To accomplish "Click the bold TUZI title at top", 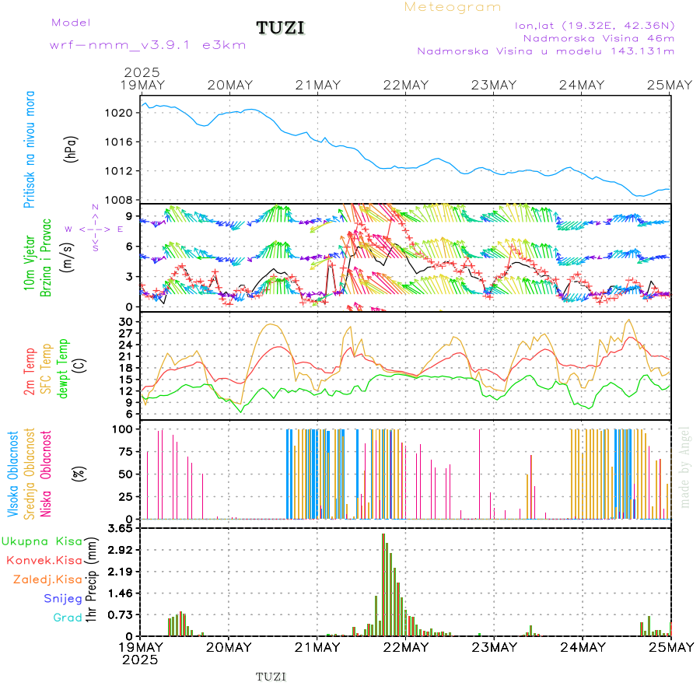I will pos(281,28).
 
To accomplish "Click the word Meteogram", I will pos(453,7).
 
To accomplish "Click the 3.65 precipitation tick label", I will pos(121,528).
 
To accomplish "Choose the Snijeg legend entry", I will pos(63,599).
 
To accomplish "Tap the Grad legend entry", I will pos(67,618).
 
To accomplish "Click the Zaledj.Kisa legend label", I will pos(47,579).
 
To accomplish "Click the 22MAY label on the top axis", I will pos(405,85).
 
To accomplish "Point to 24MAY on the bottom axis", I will pos(583,647).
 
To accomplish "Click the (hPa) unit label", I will pos(72,149).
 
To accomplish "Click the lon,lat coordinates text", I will pos(594,25).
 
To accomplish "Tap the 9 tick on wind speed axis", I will pos(130,215).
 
